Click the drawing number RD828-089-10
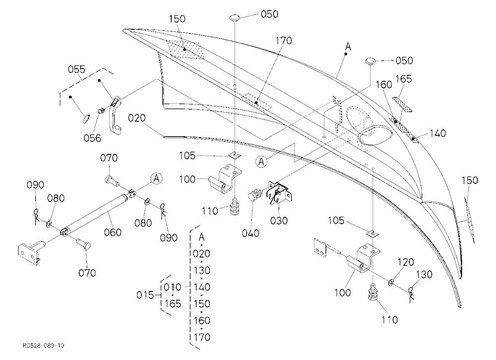click(x=43, y=345)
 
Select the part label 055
click(x=76, y=69)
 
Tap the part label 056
click(x=92, y=138)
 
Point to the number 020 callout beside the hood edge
click(x=137, y=118)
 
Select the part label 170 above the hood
click(x=283, y=41)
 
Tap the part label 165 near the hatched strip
click(x=403, y=78)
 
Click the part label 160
click(x=384, y=84)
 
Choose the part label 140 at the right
click(x=437, y=133)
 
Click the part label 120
click(x=406, y=262)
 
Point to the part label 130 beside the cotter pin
click(x=424, y=274)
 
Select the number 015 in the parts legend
click(x=145, y=295)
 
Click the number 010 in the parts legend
click(x=173, y=287)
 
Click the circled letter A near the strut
click(x=156, y=178)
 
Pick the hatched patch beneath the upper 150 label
click(x=185, y=50)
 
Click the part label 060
click(x=113, y=232)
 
